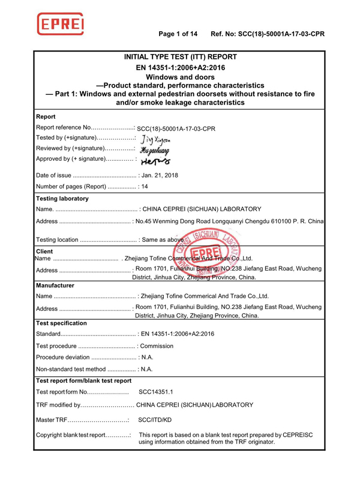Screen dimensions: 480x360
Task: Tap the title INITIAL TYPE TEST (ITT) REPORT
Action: pos(180,57)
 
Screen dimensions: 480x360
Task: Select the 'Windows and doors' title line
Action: pos(180,77)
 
